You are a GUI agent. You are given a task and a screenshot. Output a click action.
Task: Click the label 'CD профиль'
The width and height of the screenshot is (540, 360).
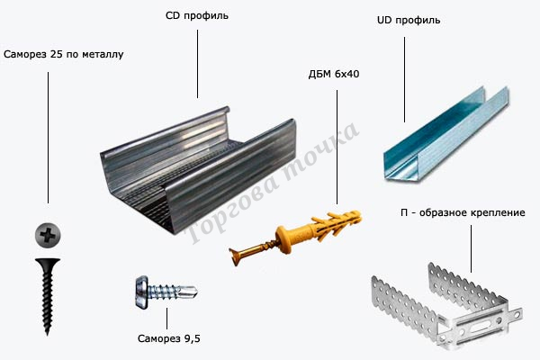coord(197,16)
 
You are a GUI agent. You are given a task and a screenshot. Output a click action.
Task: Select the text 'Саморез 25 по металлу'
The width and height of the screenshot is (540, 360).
coord(63,54)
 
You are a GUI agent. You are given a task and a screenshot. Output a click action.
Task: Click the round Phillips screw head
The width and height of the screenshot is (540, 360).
coord(47,236)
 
